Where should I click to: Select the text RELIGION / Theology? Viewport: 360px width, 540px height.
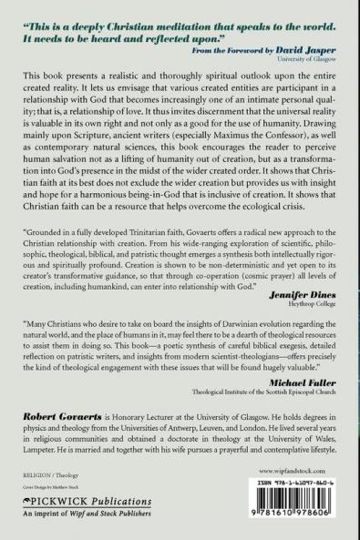click(46, 475)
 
